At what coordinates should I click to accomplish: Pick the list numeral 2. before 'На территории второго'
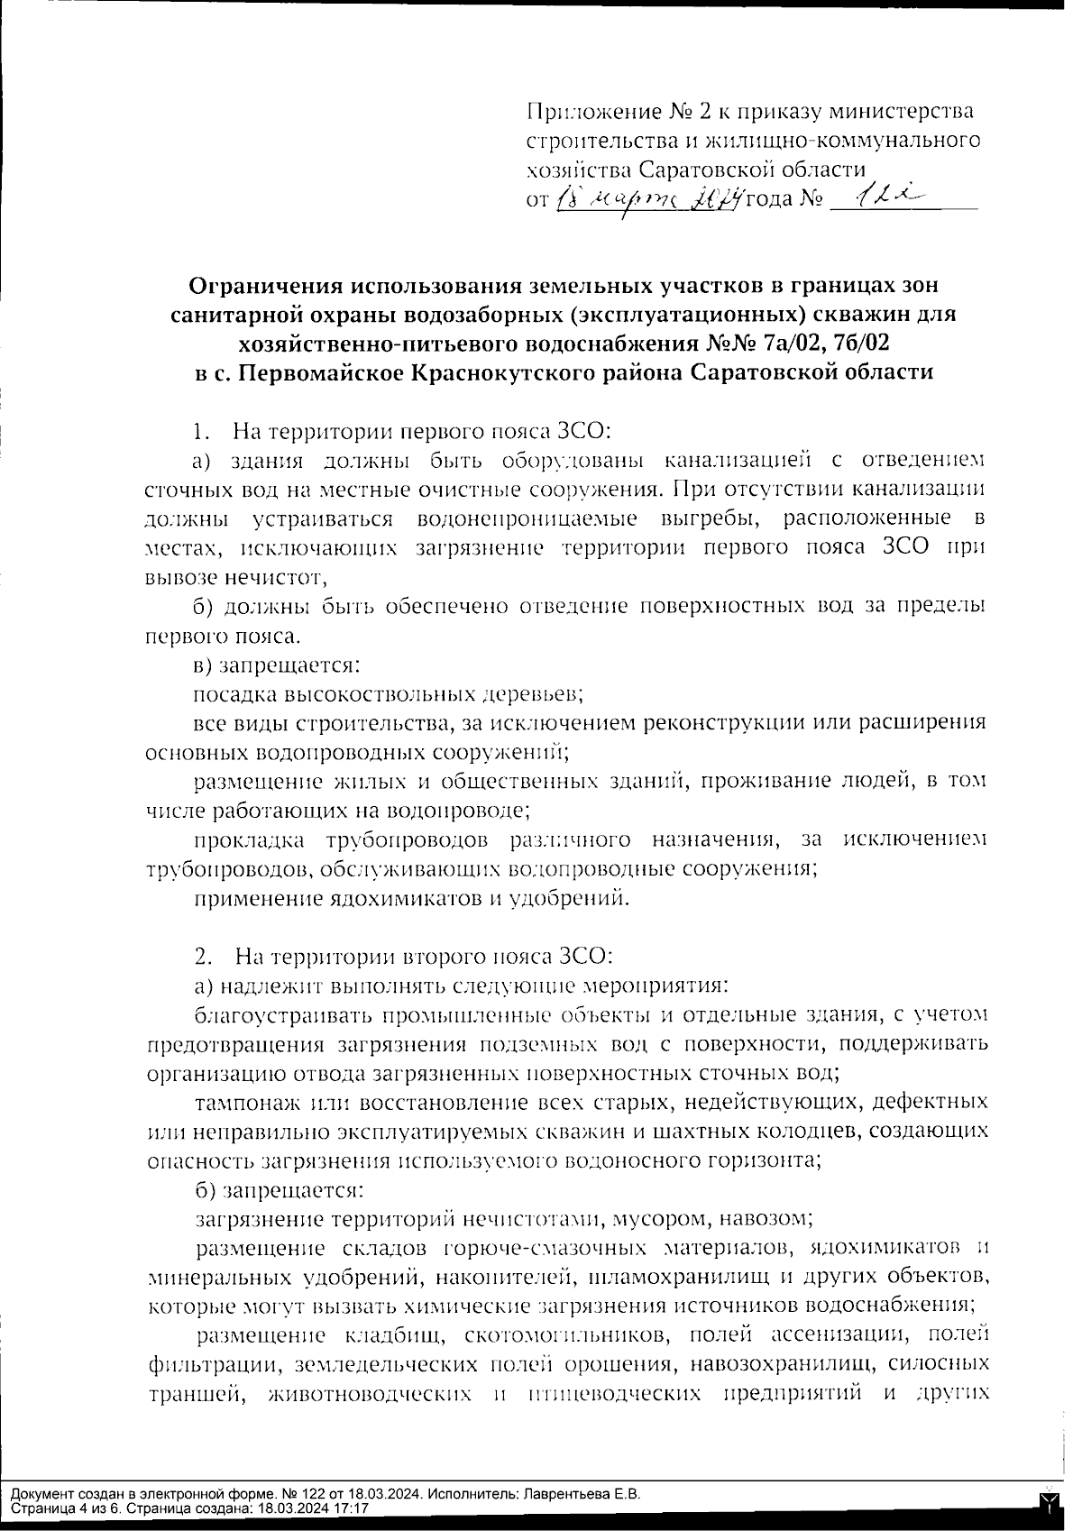click(x=202, y=955)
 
